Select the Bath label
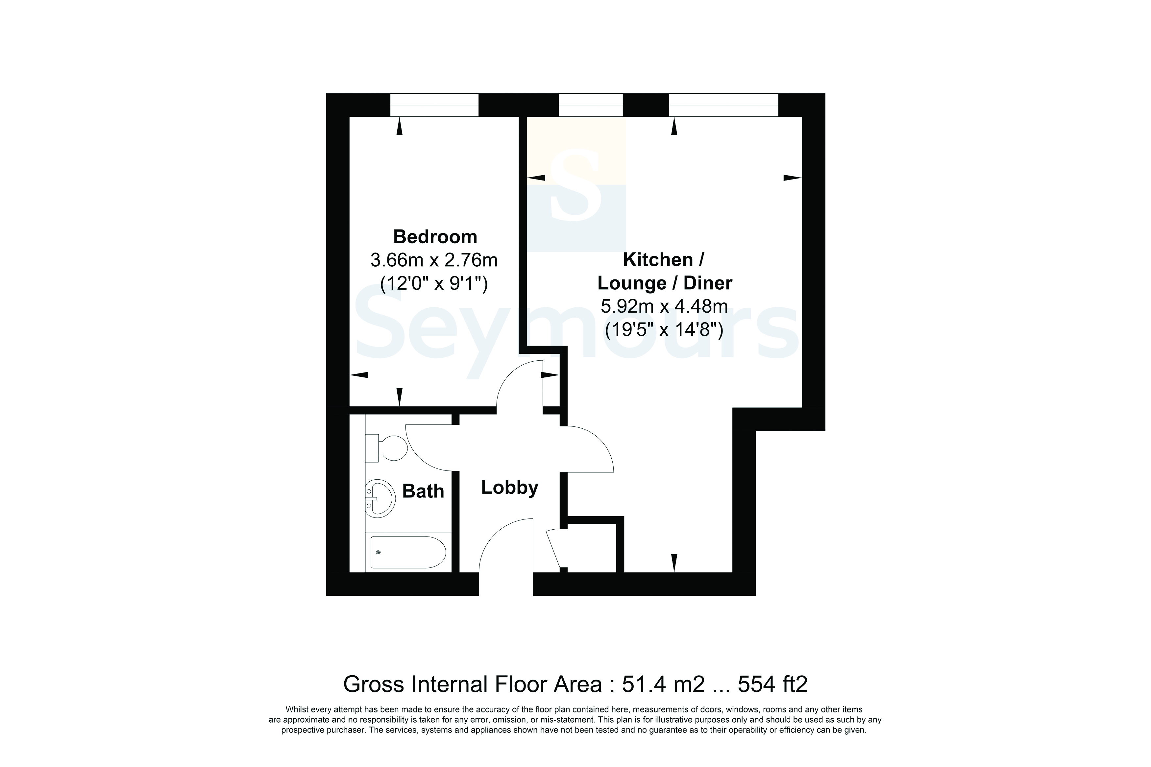[x=423, y=491]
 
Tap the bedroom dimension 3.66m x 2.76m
[x=434, y=260]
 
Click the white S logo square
[x=576, y=185]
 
